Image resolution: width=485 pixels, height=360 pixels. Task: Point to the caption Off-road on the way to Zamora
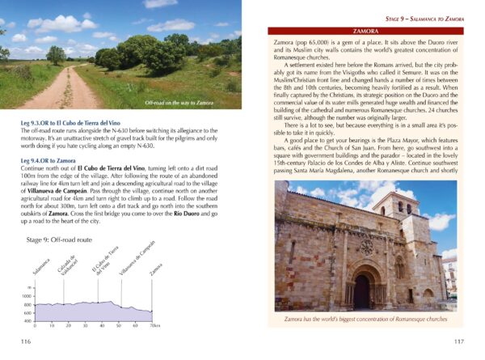point(179,104)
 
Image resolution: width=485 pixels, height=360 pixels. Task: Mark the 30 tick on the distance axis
point(84,325)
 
